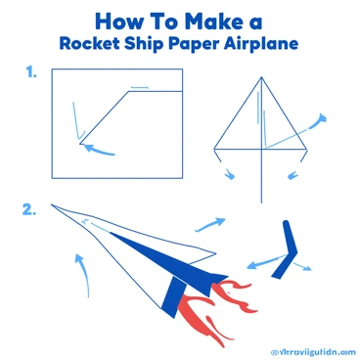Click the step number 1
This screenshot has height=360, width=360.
pos(33,71)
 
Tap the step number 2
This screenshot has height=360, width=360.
pos(29,208)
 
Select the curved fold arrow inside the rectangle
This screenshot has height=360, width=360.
pos(99,150)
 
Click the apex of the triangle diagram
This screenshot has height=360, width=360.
pos(260,78)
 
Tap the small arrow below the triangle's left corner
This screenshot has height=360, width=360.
pos(230,174)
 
